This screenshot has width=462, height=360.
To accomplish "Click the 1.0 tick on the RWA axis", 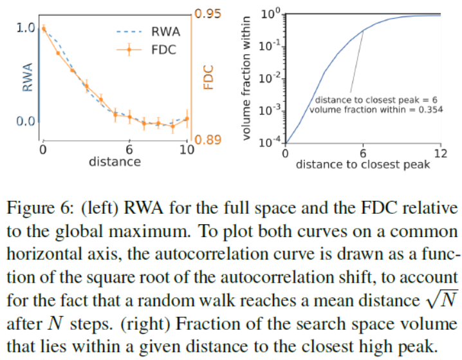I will pos(25,28).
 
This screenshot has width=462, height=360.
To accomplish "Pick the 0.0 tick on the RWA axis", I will pos(25,121).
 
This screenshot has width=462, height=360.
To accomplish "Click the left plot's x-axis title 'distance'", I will pos(115,161).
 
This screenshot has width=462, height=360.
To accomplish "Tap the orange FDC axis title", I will pos(208,77).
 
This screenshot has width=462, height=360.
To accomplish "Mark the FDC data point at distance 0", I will pos(43,28).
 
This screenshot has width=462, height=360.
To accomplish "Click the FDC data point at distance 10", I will pos(187,118).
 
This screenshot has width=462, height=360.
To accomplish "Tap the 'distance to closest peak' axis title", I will pos(363,164).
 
